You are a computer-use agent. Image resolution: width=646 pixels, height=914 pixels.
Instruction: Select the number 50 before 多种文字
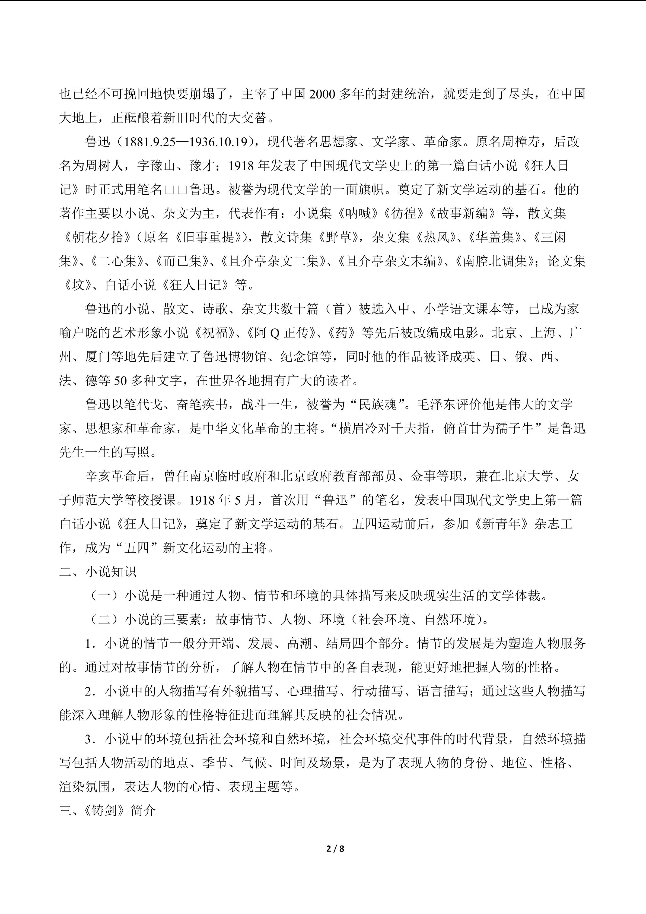point(120,381)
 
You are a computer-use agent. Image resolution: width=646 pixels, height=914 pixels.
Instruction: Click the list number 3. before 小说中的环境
point(91,739)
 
